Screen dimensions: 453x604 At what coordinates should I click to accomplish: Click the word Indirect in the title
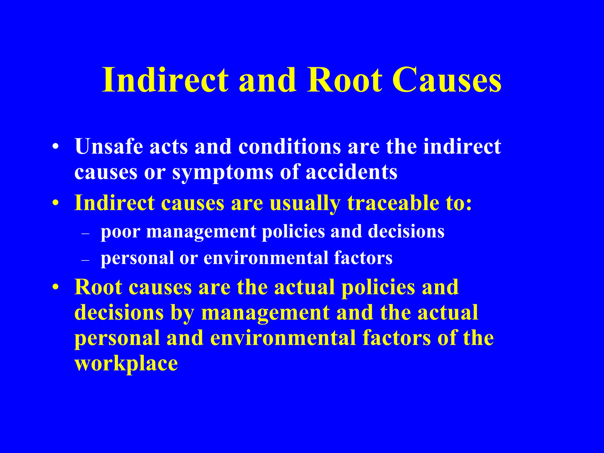(165, 80)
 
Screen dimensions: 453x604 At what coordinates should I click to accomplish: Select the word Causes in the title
(447, 80)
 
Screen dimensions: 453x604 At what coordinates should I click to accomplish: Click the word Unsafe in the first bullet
(109, 146)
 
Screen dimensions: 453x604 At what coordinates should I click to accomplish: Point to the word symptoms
(223, 173)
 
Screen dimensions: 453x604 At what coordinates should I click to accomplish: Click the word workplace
(126, 363)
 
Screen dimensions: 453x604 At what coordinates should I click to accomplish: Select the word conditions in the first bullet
(289, 146)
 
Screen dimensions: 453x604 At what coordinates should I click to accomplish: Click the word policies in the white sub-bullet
(293, 232)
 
